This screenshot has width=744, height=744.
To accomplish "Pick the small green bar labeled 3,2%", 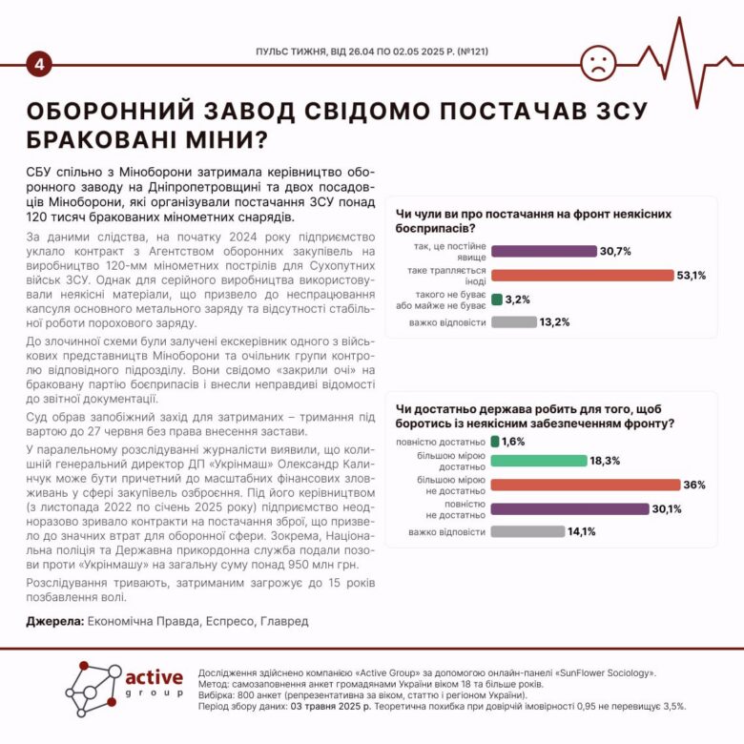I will (x=496, y=300).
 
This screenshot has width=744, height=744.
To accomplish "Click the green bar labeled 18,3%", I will (x=539, y=460).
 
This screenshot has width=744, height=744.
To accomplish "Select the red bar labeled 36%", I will (x=584, y=484).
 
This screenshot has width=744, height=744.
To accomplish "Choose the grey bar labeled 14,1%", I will (x=527, y=531).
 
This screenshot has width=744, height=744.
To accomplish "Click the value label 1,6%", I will (x=514, y=442).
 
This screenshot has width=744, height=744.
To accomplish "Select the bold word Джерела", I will (x=53, y=621).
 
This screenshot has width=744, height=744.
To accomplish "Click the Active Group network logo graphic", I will (x=93, y=690).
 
